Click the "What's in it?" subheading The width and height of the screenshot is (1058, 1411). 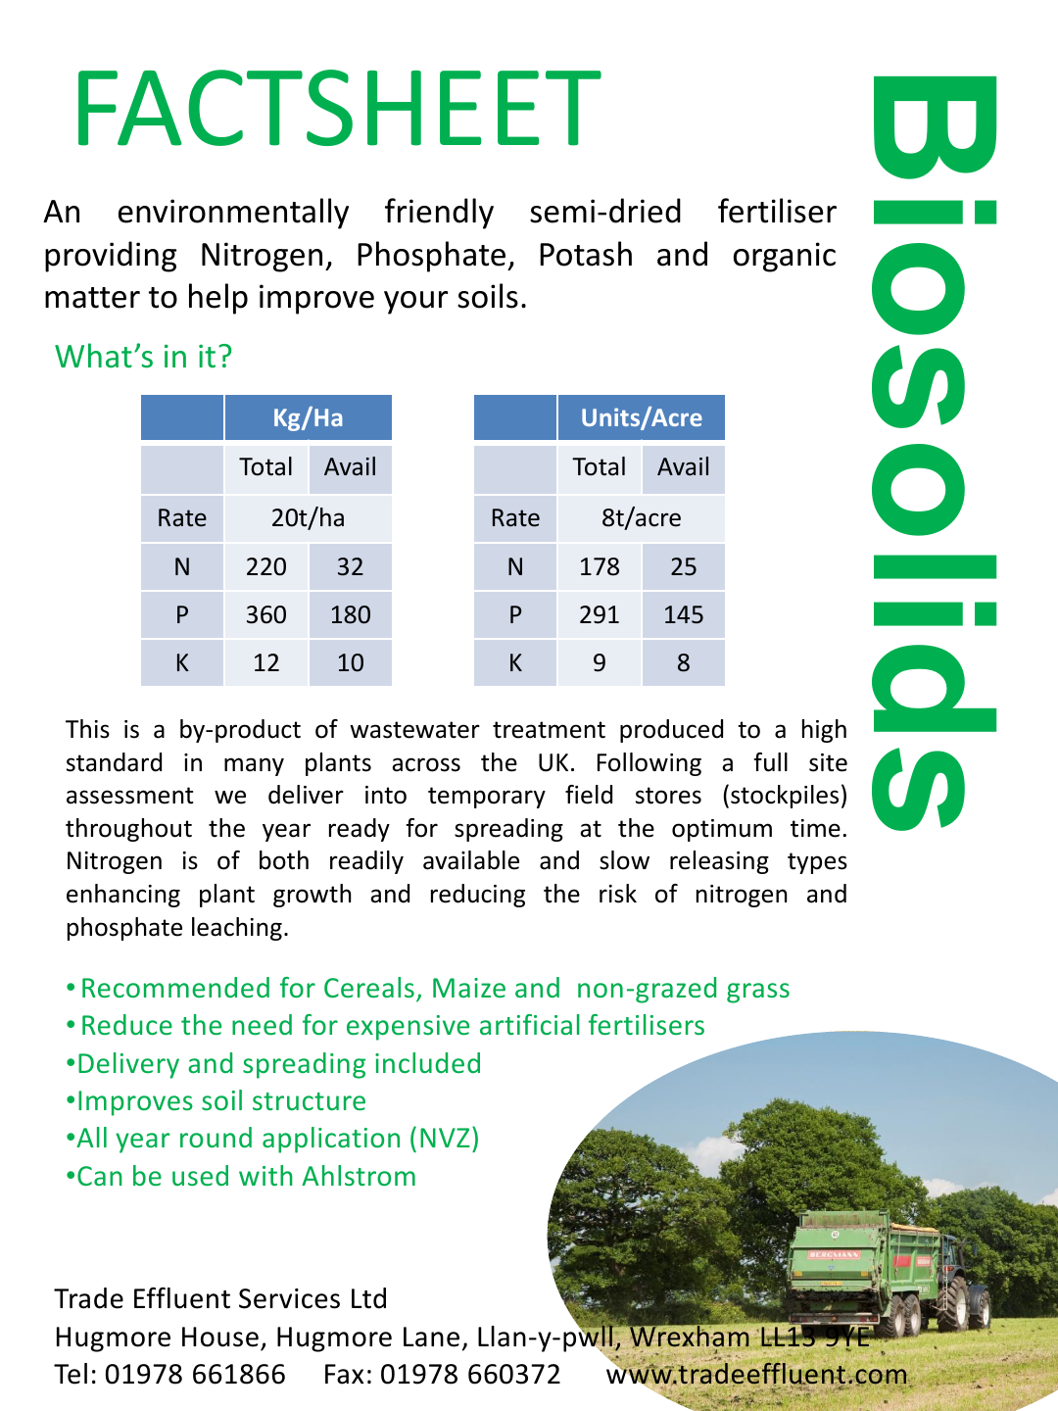point(143,357)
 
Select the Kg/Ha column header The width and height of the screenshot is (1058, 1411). point(308,418)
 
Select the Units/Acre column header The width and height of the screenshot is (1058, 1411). point(641,418)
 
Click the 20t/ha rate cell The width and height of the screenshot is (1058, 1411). point(308,517)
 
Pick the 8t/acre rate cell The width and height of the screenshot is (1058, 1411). point(641,517)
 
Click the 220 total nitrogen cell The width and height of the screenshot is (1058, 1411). point(265,566)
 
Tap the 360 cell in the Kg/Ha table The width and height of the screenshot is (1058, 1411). point(265,614)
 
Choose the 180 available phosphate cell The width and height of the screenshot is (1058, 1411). point(350,614)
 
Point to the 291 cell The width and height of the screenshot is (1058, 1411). point(599,614)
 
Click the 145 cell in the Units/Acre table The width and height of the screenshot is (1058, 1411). point(683,614)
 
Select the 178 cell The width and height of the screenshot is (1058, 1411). point(599,566)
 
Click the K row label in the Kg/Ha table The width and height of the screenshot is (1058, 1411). point(182,663)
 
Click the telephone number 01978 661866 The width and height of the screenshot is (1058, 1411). point(195,1374)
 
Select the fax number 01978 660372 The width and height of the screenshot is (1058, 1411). point(470,1374)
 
